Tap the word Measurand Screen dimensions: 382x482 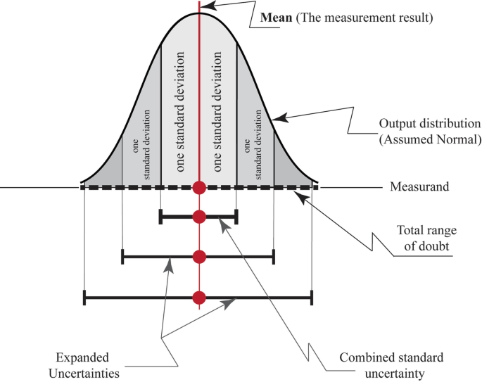pyautogui.click(x=417, y=188)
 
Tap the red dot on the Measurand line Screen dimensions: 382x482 pyautogui.click(x=199, y=188)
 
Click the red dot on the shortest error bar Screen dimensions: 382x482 pyautogui.click(x=199, y=217)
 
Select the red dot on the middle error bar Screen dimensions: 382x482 pyautogui.click(x=199, y=257)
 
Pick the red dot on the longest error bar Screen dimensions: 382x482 pyautogui.click(x=199, y=298)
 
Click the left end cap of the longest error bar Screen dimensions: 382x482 pyautogui.click(x=84, y=298)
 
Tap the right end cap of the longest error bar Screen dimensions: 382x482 pyautogui.click(x=311, y=298)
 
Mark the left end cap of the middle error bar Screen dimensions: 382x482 pyautogui.click(x=122, y=257)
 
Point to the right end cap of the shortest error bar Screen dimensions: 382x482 pyautogui.click(x=236, y=217)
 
